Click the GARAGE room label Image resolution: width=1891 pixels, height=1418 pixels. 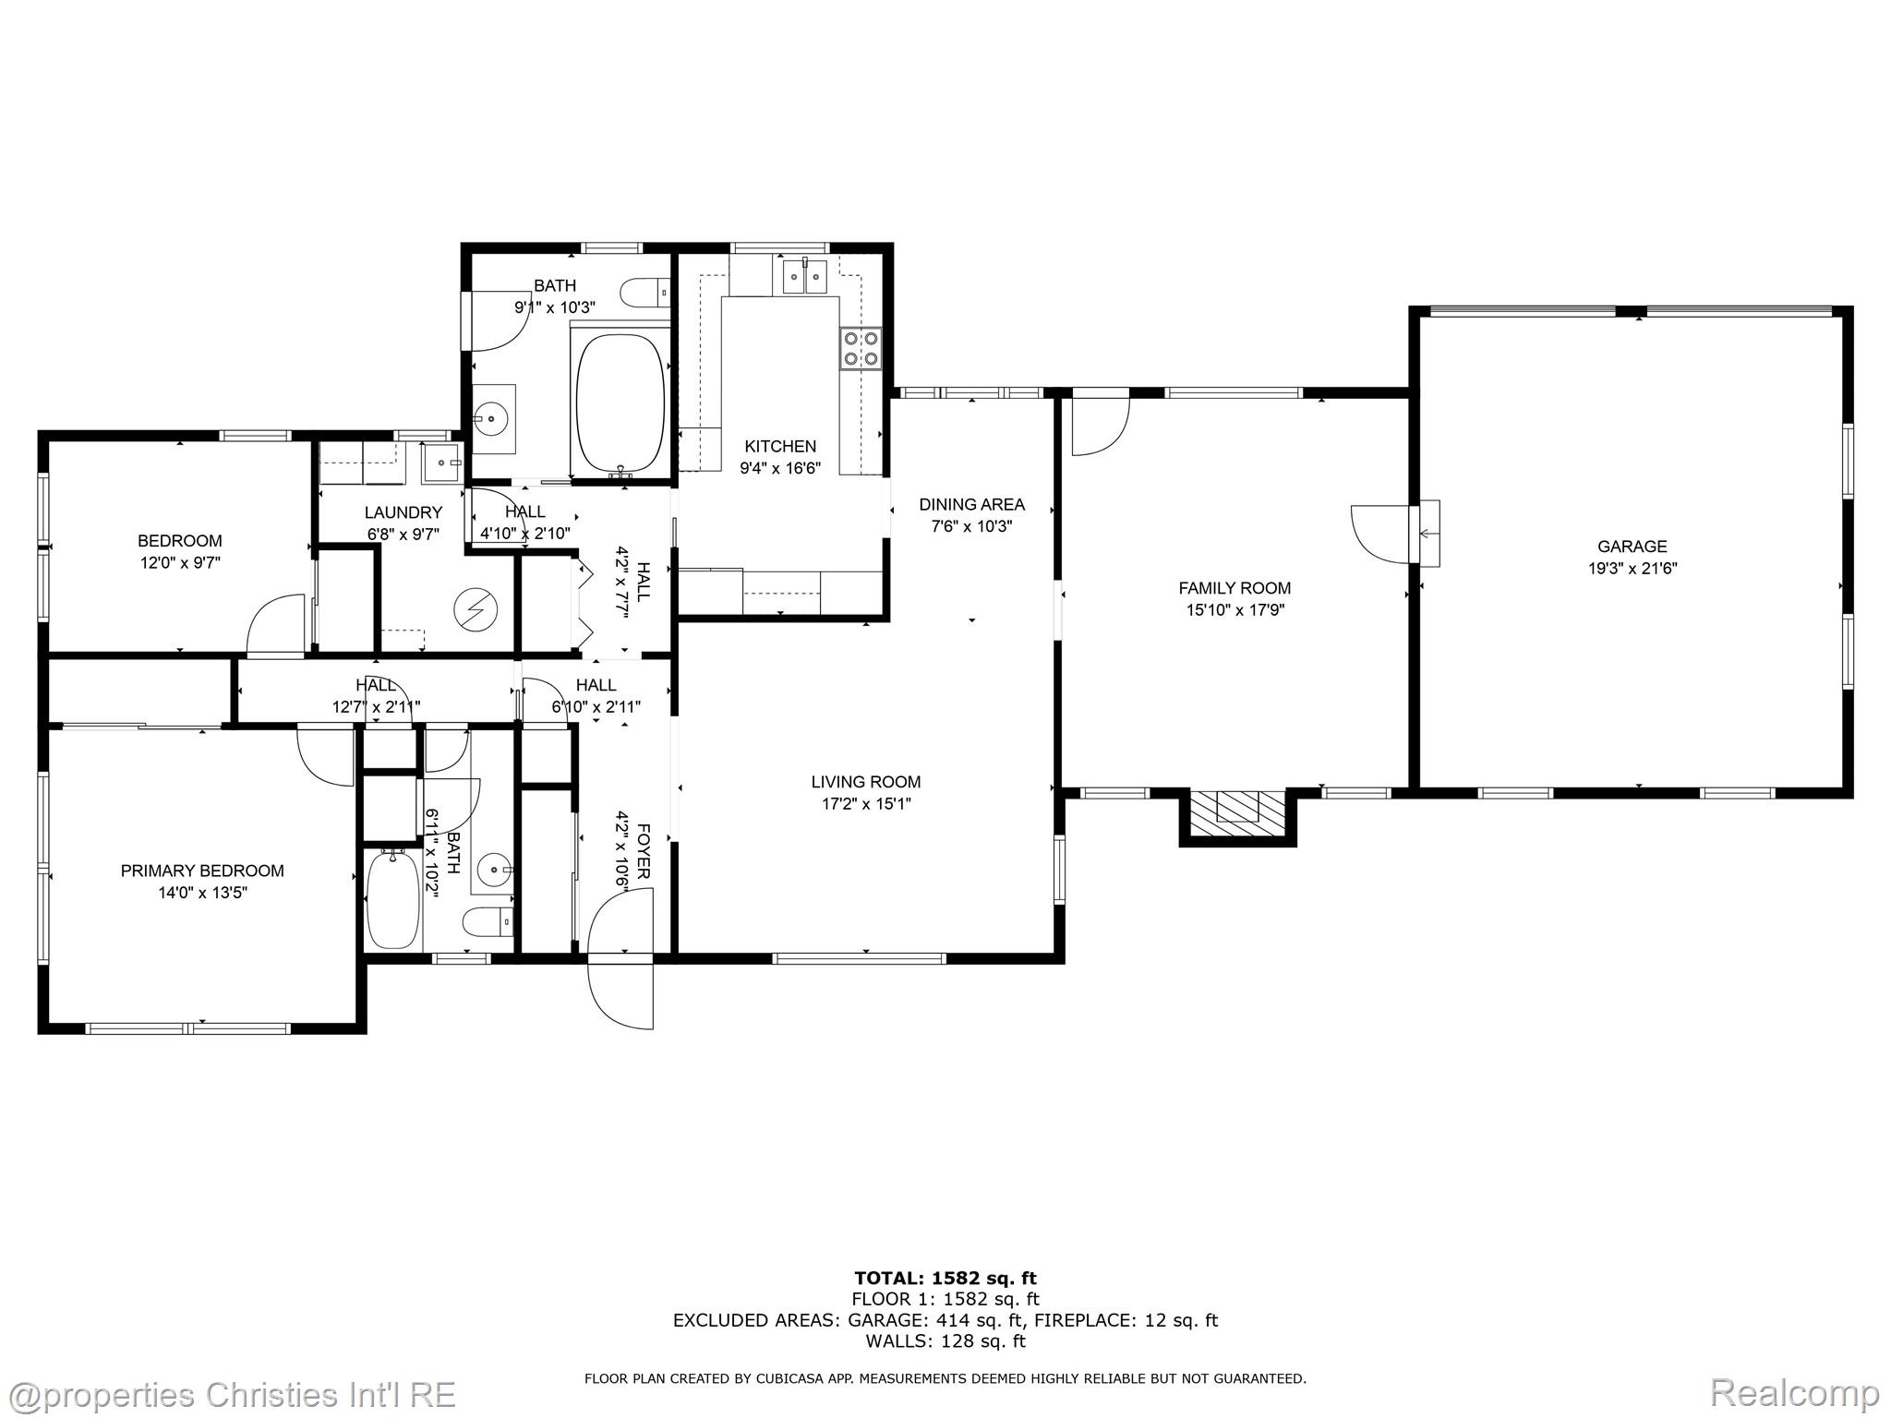click(1632, 546)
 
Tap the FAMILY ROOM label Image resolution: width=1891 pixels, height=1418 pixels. click(1235, 588)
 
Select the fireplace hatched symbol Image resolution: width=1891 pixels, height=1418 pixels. click(1237, 812)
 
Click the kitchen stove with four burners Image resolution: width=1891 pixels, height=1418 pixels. click(860, 348)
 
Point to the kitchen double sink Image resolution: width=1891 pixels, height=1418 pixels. click(804, 275)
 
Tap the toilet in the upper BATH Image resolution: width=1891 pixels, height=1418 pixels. click(645, 293)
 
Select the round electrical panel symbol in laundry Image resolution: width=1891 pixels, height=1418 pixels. click(476, 609)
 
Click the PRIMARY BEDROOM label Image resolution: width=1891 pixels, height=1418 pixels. click(202, 871)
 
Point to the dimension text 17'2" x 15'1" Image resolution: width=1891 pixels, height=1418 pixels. click(866, 804)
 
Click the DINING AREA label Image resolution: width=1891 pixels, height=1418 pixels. click(971, 504)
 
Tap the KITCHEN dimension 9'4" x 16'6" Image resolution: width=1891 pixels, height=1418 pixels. click(780, 468)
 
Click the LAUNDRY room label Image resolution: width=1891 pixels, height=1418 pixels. click(403, 512)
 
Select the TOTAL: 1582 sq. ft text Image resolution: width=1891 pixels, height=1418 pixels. click(945, 1278)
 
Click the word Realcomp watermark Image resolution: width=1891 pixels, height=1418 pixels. click(1795, 1392)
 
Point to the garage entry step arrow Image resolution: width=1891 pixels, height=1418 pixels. click(1428, 533)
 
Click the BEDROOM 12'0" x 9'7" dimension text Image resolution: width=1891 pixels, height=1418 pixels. click(180, 562)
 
